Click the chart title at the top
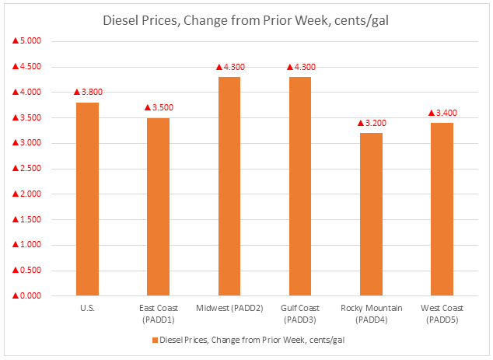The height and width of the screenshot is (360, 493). (x=246, y=20)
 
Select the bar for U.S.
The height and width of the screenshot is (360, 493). (x=87, y=199)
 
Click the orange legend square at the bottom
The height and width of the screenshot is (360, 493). (x=154, y=340)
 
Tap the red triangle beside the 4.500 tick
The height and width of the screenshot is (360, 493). (x=15, y=67)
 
